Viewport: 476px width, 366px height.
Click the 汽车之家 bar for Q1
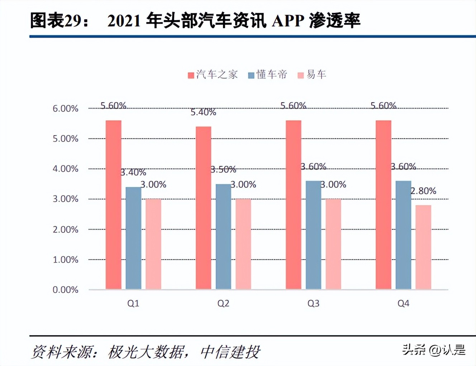pos(113,204)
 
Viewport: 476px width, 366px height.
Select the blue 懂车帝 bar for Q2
pos(223,236)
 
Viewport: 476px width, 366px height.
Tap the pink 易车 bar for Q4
pos(423,247)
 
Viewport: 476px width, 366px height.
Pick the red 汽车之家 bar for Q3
pos(294,204)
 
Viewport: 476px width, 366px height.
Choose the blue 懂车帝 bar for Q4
pos(403,235)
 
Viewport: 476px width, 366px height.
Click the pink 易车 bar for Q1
pos(153,244)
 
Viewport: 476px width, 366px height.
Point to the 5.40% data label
pos(203,112)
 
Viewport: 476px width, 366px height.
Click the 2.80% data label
pos(423,191)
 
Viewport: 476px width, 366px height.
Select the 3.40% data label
pos(133,173)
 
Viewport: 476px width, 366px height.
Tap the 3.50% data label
pos(223,170)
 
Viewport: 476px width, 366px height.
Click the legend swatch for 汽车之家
pos(191,75)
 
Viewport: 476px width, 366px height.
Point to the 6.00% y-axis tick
pos(65,109)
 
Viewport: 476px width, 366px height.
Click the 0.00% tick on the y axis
pos(65,290)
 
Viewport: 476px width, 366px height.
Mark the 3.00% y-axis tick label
pos(65,199)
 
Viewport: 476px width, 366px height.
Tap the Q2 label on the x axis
pos(223,303)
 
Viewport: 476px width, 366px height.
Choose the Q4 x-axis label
pos(403,303)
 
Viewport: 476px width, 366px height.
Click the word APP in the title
pos(288,21)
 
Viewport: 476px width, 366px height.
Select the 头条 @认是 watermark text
pos(434,350)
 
